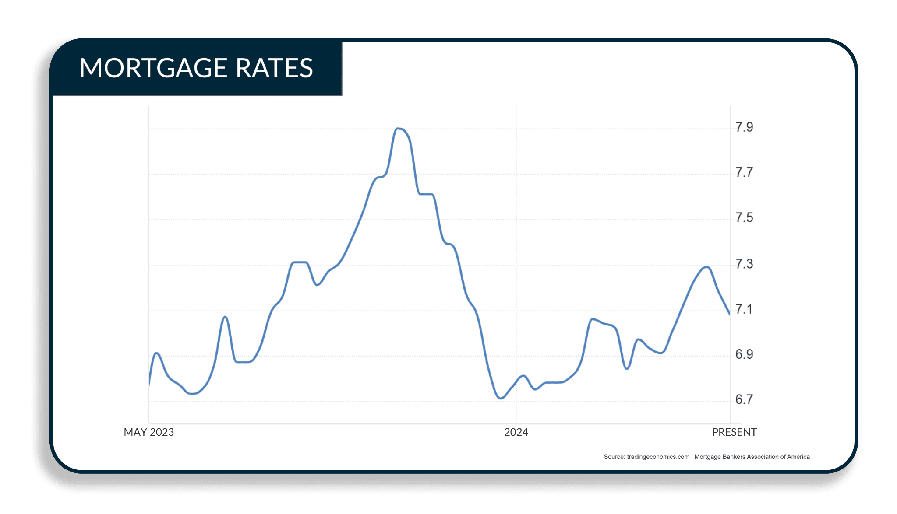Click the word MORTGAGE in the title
tap(153, 68)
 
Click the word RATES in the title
tap(274, 68)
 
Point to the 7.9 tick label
tap(744, 127)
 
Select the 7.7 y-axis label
tap(744, 172)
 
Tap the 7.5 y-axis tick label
tap(744, 218)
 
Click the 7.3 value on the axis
tap(744, 264)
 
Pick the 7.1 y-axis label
tap(744, 309)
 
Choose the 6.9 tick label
tap(744, 354)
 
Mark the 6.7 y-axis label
tap(744, 399)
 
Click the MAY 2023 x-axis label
tap(149, 432)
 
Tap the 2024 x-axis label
tap(516, 432)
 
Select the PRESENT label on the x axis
tap(734, 432)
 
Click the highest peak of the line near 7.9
tap(399, 129)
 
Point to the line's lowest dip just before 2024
tap(501, 398)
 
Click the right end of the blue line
tap(730, 314)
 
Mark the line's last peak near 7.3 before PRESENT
tap(706, 267)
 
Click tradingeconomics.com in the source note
tap(658, 457)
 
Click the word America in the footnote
tap(798, 457)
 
